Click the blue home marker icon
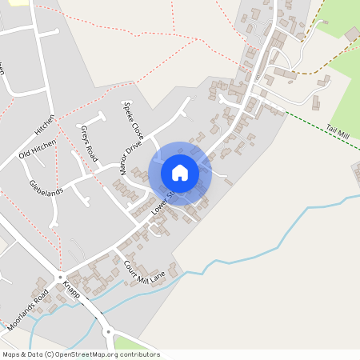click(x=180, y=172)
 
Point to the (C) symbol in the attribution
click(x=50, y=354)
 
